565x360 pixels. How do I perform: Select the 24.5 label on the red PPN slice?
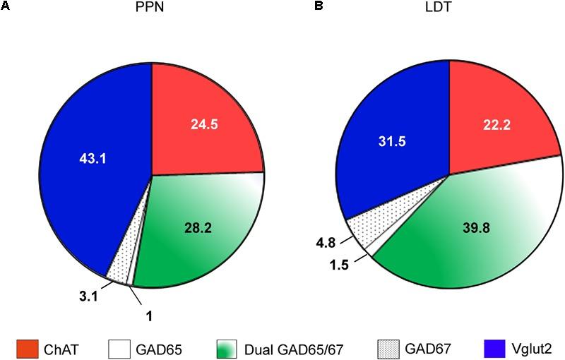(206, 124)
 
